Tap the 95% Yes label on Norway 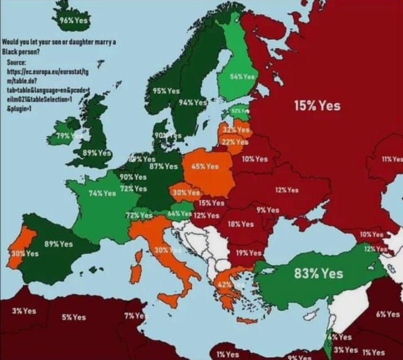click(166, 91)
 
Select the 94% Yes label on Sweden click(193, 102)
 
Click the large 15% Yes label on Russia click(317, 105)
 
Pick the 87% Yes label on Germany click(163, 166)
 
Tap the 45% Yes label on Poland click(205, 166)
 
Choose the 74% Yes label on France click(102, 193)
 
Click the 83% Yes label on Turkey click(318, 274)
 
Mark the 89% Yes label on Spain click(59, 244)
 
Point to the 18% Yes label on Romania click(240, 224)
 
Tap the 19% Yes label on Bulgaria click(249, 253)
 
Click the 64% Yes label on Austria click(179, 214)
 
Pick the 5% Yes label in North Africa click(74, 317)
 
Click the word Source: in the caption click(17, 63)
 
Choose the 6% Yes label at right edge click(388, 315)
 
